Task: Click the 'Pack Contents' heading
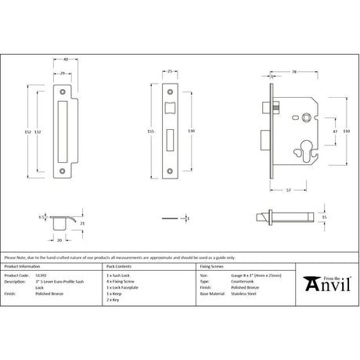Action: (120, 268)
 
